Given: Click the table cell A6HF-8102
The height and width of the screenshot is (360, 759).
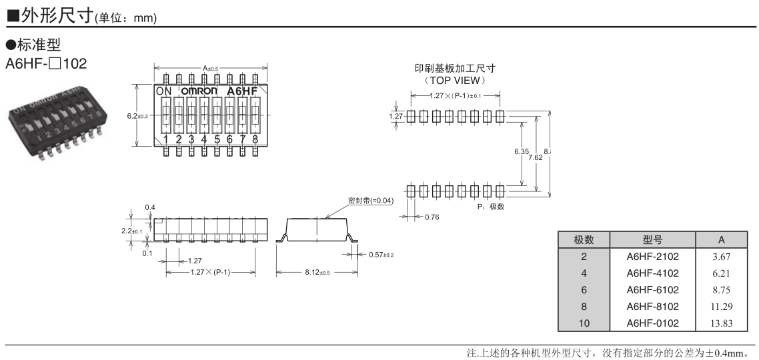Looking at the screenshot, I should [652, 306].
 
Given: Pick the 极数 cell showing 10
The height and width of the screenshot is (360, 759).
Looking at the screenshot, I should [584, 323].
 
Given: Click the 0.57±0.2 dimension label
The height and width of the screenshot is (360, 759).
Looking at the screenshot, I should [381, 255].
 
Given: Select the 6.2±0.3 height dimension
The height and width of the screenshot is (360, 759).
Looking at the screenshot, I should [137, 115].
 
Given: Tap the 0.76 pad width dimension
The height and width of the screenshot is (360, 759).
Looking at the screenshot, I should [431, 217].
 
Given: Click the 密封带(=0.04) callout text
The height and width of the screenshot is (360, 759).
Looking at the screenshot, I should [371, 200].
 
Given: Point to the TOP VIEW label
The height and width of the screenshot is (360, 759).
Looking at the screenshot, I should [454, 80].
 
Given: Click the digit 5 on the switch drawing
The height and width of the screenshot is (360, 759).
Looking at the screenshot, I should [217, 139].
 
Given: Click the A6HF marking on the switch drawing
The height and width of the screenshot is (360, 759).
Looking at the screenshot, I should [242, 91].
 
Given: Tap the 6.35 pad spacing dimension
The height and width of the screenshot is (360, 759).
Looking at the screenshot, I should [521, 152].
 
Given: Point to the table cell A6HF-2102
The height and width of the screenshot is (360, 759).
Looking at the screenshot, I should [652, 256].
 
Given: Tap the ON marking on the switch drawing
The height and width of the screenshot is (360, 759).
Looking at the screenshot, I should [164, 91].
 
